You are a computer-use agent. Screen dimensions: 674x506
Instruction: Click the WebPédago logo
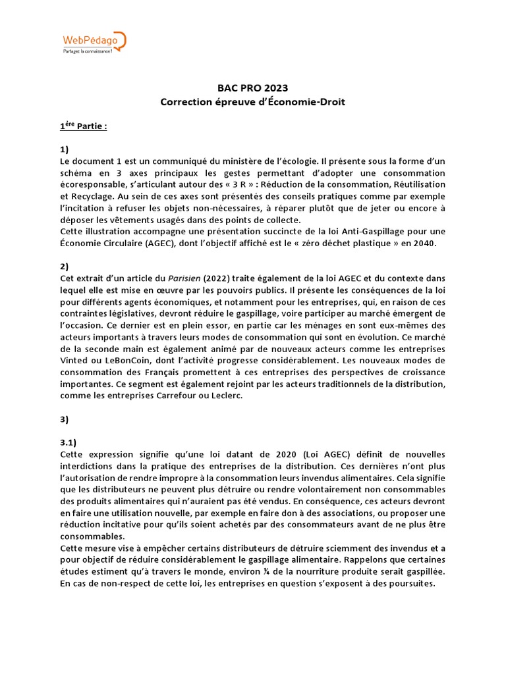(93, 41)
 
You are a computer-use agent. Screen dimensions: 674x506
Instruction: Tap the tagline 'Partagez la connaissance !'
(88, 51)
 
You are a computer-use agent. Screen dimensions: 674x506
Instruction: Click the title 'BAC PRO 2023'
(253, 88)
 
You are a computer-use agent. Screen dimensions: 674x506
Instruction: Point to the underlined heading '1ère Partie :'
(83, 126)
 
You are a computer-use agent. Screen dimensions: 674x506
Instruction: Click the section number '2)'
(65, 266)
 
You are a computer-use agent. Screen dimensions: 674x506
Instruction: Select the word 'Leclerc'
(225, 396)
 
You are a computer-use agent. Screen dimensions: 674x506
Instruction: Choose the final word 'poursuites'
(409, 583)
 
